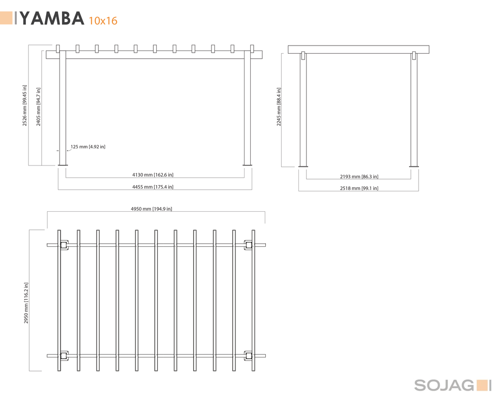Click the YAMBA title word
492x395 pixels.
pos(52,18)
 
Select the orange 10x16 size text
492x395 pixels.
pos(103,21)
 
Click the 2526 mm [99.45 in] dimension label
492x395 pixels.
pos(25,106)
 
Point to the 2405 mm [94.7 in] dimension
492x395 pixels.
pos(38,107)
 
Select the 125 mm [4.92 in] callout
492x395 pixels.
pos(88,147)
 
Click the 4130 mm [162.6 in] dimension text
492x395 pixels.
pos(153,175)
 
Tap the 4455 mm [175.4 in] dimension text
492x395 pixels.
pos(153,187)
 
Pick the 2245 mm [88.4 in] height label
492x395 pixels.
pos(279,107)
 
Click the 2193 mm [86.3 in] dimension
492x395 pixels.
pos(359,177)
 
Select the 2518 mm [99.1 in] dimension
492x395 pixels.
pos(359,188)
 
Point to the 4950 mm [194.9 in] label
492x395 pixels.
pos(151,209)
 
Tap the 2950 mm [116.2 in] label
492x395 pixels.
pos(26,303)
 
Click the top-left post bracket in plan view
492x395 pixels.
pos(64,245)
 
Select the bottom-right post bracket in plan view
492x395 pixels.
pos(248,356)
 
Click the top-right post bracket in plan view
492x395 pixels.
pos(248,245)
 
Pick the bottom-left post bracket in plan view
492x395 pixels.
pos(64,356)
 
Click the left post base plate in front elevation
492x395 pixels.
pos(63,165)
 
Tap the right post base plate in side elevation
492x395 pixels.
pos(414,167)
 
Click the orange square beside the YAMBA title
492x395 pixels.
pos(6,18)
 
